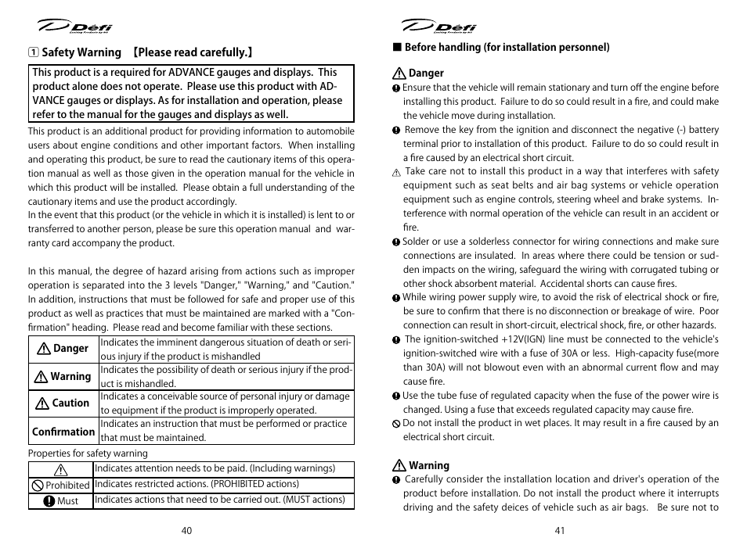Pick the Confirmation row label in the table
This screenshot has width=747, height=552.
pyautogui.click(x=63, y=432)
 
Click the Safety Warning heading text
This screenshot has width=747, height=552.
pyautogui.click(x=81, y=53)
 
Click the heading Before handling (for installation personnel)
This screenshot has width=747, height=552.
pyautogui.click(x=506, y=48)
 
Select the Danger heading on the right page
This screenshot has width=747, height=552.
pyautogui.click(x=425, y=74)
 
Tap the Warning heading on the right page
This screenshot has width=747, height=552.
pyautogui.click(x=428, y=466)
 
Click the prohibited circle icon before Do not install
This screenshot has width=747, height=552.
pyautogui.click(x=396, y=424)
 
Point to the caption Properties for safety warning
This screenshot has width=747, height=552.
pyautogui.click(x=88, y=453)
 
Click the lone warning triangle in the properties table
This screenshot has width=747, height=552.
pyautogui.click(x=60, y=470)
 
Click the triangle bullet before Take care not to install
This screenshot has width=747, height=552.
pyautogui.click(x=396, y=172)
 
